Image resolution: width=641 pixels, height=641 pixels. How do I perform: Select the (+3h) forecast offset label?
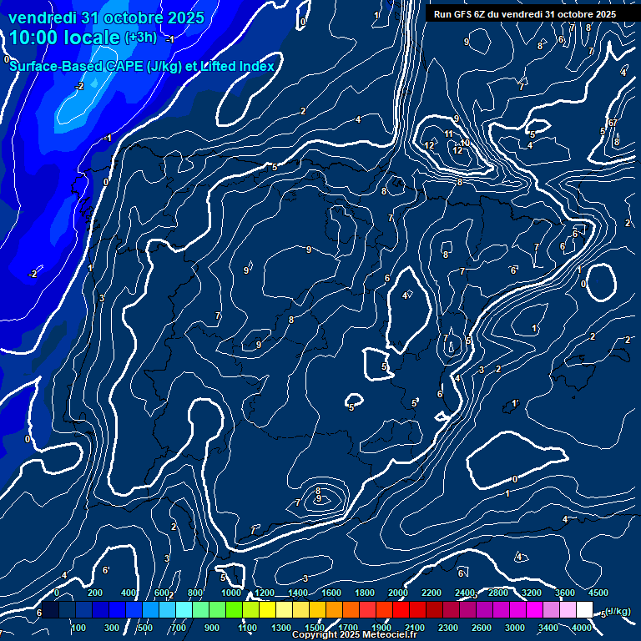[x=140, y=38]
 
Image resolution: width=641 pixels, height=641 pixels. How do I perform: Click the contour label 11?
[x=449, y=134]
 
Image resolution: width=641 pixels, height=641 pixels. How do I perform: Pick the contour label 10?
[x=465, y=144]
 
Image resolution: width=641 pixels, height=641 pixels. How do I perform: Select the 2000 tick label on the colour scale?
[x=398, y=593]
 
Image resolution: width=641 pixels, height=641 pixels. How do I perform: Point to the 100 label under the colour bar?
[x=79, y=628]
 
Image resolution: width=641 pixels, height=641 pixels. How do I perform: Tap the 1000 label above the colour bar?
[x=231, y=593]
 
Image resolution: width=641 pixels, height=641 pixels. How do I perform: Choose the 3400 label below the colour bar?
[x=548, y=628]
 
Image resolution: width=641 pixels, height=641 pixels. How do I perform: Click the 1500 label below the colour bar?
[x=315, y=628]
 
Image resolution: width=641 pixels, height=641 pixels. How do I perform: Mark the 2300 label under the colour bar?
[x=448, y=628]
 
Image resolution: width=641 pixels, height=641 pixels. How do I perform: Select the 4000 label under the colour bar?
[x=582, y=628]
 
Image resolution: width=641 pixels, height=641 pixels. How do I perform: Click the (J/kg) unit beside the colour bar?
[x=618, y=611]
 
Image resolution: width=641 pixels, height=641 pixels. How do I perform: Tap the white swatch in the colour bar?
[x=584, y=610]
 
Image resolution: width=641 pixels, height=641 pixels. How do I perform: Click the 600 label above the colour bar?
[x=163, y=593]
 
